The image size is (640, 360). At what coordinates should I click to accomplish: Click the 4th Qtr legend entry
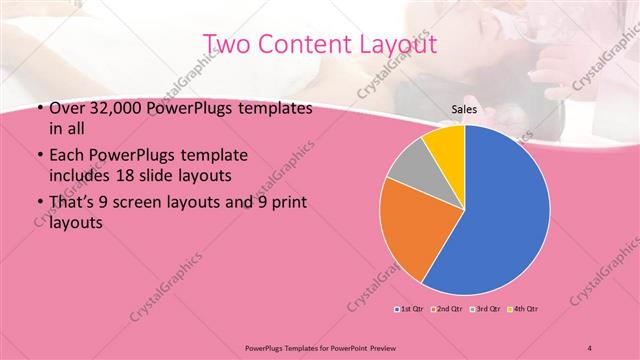pyautogui.click(x=526, y=309)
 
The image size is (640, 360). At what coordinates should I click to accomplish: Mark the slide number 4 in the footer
pyautogui.click(x=590, y=346)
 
